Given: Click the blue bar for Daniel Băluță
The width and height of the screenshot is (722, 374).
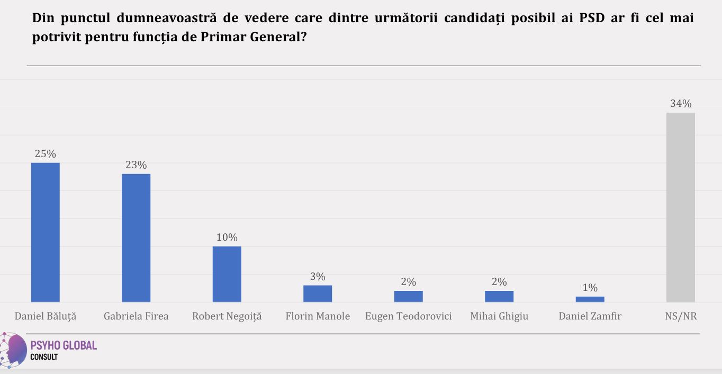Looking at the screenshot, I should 46,232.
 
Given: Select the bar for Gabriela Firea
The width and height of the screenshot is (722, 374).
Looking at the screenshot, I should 136,238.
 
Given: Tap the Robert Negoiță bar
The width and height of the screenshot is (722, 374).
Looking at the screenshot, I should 227,274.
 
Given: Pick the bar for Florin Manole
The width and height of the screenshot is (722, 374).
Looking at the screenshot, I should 318,294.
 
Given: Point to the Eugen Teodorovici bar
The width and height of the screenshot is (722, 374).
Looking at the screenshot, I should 408,296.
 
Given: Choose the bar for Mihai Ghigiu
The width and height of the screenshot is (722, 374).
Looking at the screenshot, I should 499,296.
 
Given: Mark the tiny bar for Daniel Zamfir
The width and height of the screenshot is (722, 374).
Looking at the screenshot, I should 590,299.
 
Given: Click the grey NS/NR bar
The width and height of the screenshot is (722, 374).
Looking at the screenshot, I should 681,207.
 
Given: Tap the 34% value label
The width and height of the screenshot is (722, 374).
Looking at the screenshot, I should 681,104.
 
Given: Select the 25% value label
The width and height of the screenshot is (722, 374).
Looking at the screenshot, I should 46,154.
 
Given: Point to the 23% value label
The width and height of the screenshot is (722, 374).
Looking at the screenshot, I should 136,165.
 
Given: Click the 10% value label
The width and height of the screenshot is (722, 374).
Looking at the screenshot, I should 227,238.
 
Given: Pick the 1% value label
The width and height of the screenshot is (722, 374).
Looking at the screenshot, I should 590,288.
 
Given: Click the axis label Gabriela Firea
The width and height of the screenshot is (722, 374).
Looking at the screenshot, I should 136,316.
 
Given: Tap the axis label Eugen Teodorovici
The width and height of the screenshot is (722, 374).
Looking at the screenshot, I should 408,316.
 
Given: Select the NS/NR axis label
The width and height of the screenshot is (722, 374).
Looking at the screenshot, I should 681,316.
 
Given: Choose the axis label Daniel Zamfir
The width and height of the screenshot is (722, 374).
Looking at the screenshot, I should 590,316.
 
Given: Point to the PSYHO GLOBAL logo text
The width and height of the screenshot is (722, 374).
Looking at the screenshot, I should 64,345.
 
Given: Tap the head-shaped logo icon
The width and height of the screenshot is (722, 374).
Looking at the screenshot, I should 14,350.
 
